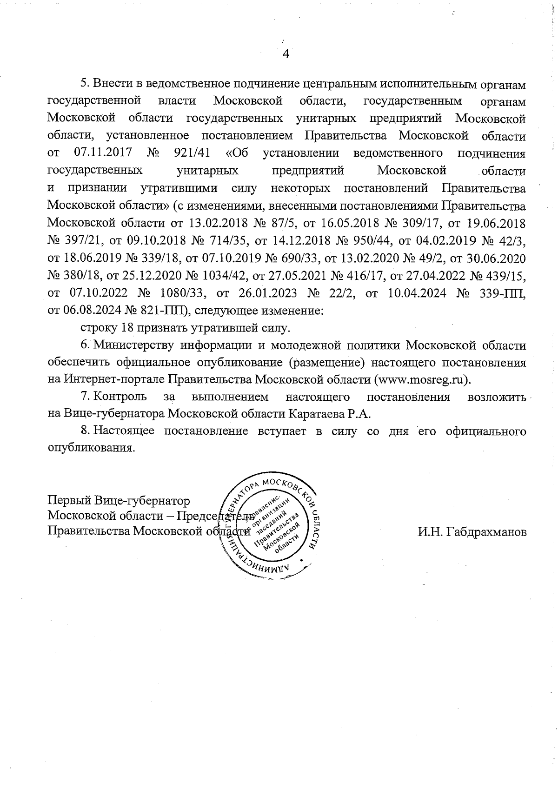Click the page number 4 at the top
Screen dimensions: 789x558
click(x=286, y=54)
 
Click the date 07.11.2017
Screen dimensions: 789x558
click(x=103, y=153)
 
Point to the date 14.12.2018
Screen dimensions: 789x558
click(x=292, y=240)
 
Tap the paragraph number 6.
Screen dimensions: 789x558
click(x=85, y=345)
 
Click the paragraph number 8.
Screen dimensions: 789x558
click(x=85, y=431)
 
